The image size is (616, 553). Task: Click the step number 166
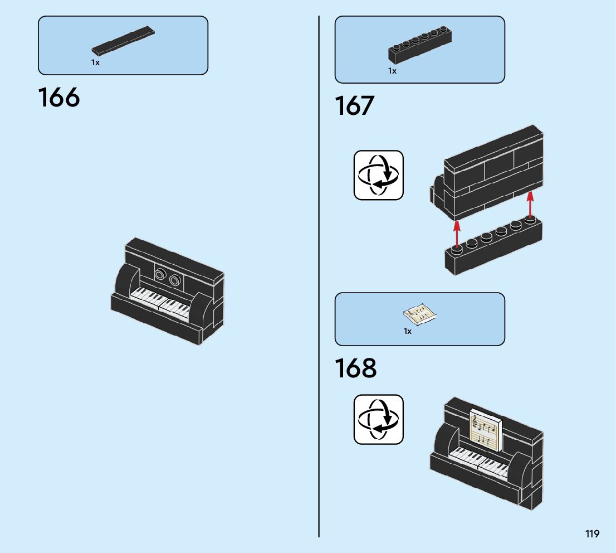coord(59,98)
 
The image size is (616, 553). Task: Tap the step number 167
coord(355,106)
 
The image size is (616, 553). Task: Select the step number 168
coord(356,368)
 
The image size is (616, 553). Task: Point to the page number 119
coord(592,534)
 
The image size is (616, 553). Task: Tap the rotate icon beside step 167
coord(379,175)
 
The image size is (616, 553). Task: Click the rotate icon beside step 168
coord(379,420)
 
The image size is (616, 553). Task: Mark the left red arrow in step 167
coord(457,233)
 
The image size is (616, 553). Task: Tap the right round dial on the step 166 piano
coord(175,280)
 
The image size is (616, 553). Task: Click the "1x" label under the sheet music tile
coord(408,331)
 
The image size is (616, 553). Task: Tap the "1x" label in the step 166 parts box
coord(96,63)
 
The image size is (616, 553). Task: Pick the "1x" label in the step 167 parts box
coord(393,71)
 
